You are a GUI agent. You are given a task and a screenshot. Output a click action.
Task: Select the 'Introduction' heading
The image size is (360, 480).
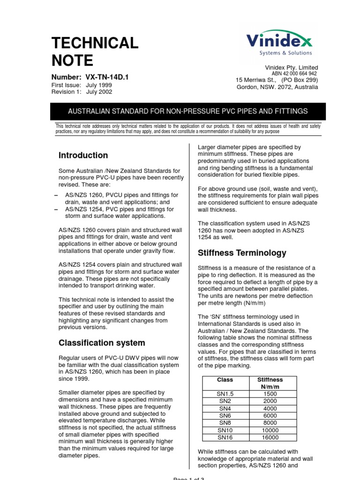coord(83,155)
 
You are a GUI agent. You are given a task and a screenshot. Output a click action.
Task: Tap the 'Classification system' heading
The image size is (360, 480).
coord(102,343)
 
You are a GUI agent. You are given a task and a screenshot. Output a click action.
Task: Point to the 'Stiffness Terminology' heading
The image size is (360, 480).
coord(242,253)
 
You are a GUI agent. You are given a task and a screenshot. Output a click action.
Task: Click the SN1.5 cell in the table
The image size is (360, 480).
coord(225,394)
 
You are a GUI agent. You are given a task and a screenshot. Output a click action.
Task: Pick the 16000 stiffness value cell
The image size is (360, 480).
coord(270,437)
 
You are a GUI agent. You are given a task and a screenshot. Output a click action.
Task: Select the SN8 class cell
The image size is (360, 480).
coord(225,423)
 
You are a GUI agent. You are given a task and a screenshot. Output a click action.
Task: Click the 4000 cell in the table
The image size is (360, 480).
coord(270,409)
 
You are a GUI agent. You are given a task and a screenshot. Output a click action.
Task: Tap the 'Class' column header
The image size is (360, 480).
coord(225,380)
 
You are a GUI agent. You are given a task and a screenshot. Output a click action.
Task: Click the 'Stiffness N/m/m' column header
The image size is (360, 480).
coord(270,383)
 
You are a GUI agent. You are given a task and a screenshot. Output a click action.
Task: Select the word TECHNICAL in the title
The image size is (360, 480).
coord(95,43)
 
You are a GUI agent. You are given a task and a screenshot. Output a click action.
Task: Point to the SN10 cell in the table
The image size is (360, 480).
coord(225,430)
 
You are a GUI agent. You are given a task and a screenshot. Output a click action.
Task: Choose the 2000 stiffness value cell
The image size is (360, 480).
coord(270,401)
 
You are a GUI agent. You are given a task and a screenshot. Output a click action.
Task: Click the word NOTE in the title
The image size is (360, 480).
coord(72,60)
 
